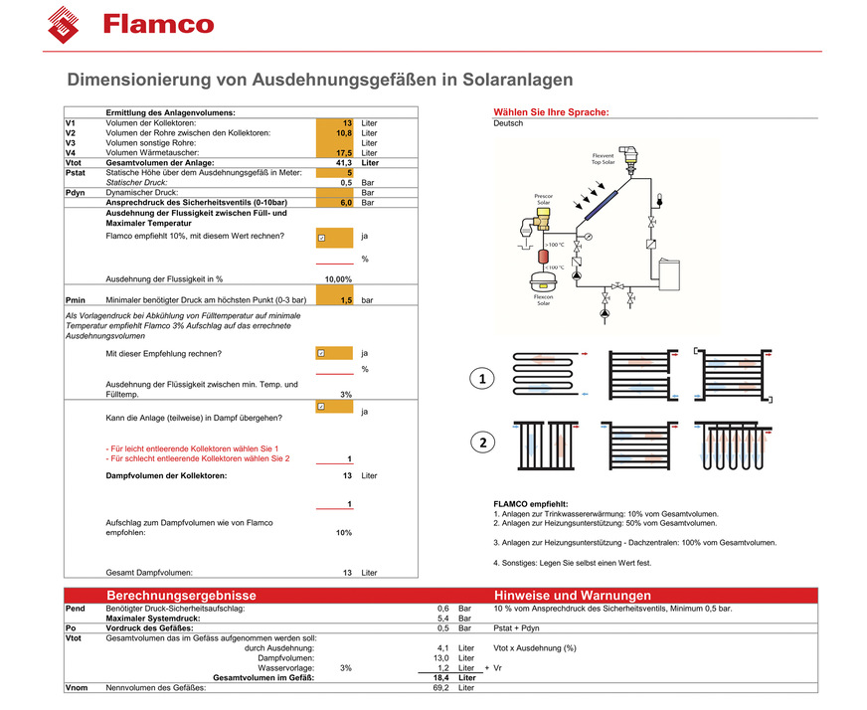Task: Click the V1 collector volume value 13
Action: [x=347, y=122]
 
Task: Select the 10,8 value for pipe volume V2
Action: [x=343, y=132]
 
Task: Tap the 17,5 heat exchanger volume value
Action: [x=343, y=152]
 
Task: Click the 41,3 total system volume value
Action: [x=343, y=162]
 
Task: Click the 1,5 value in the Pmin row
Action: [x=346, y=299]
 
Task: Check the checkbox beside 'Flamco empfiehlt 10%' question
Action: [x=321, y=238]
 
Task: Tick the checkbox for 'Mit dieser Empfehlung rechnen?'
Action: [x=321, y=353]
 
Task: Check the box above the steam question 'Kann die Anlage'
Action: [x=321, y=407]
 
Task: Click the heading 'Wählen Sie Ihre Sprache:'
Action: [x=551, y=112]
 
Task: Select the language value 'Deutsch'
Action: [x=508, y=123]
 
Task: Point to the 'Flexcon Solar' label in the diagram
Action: [x=543, y=299]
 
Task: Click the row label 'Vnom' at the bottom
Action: [x=76, y=687]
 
